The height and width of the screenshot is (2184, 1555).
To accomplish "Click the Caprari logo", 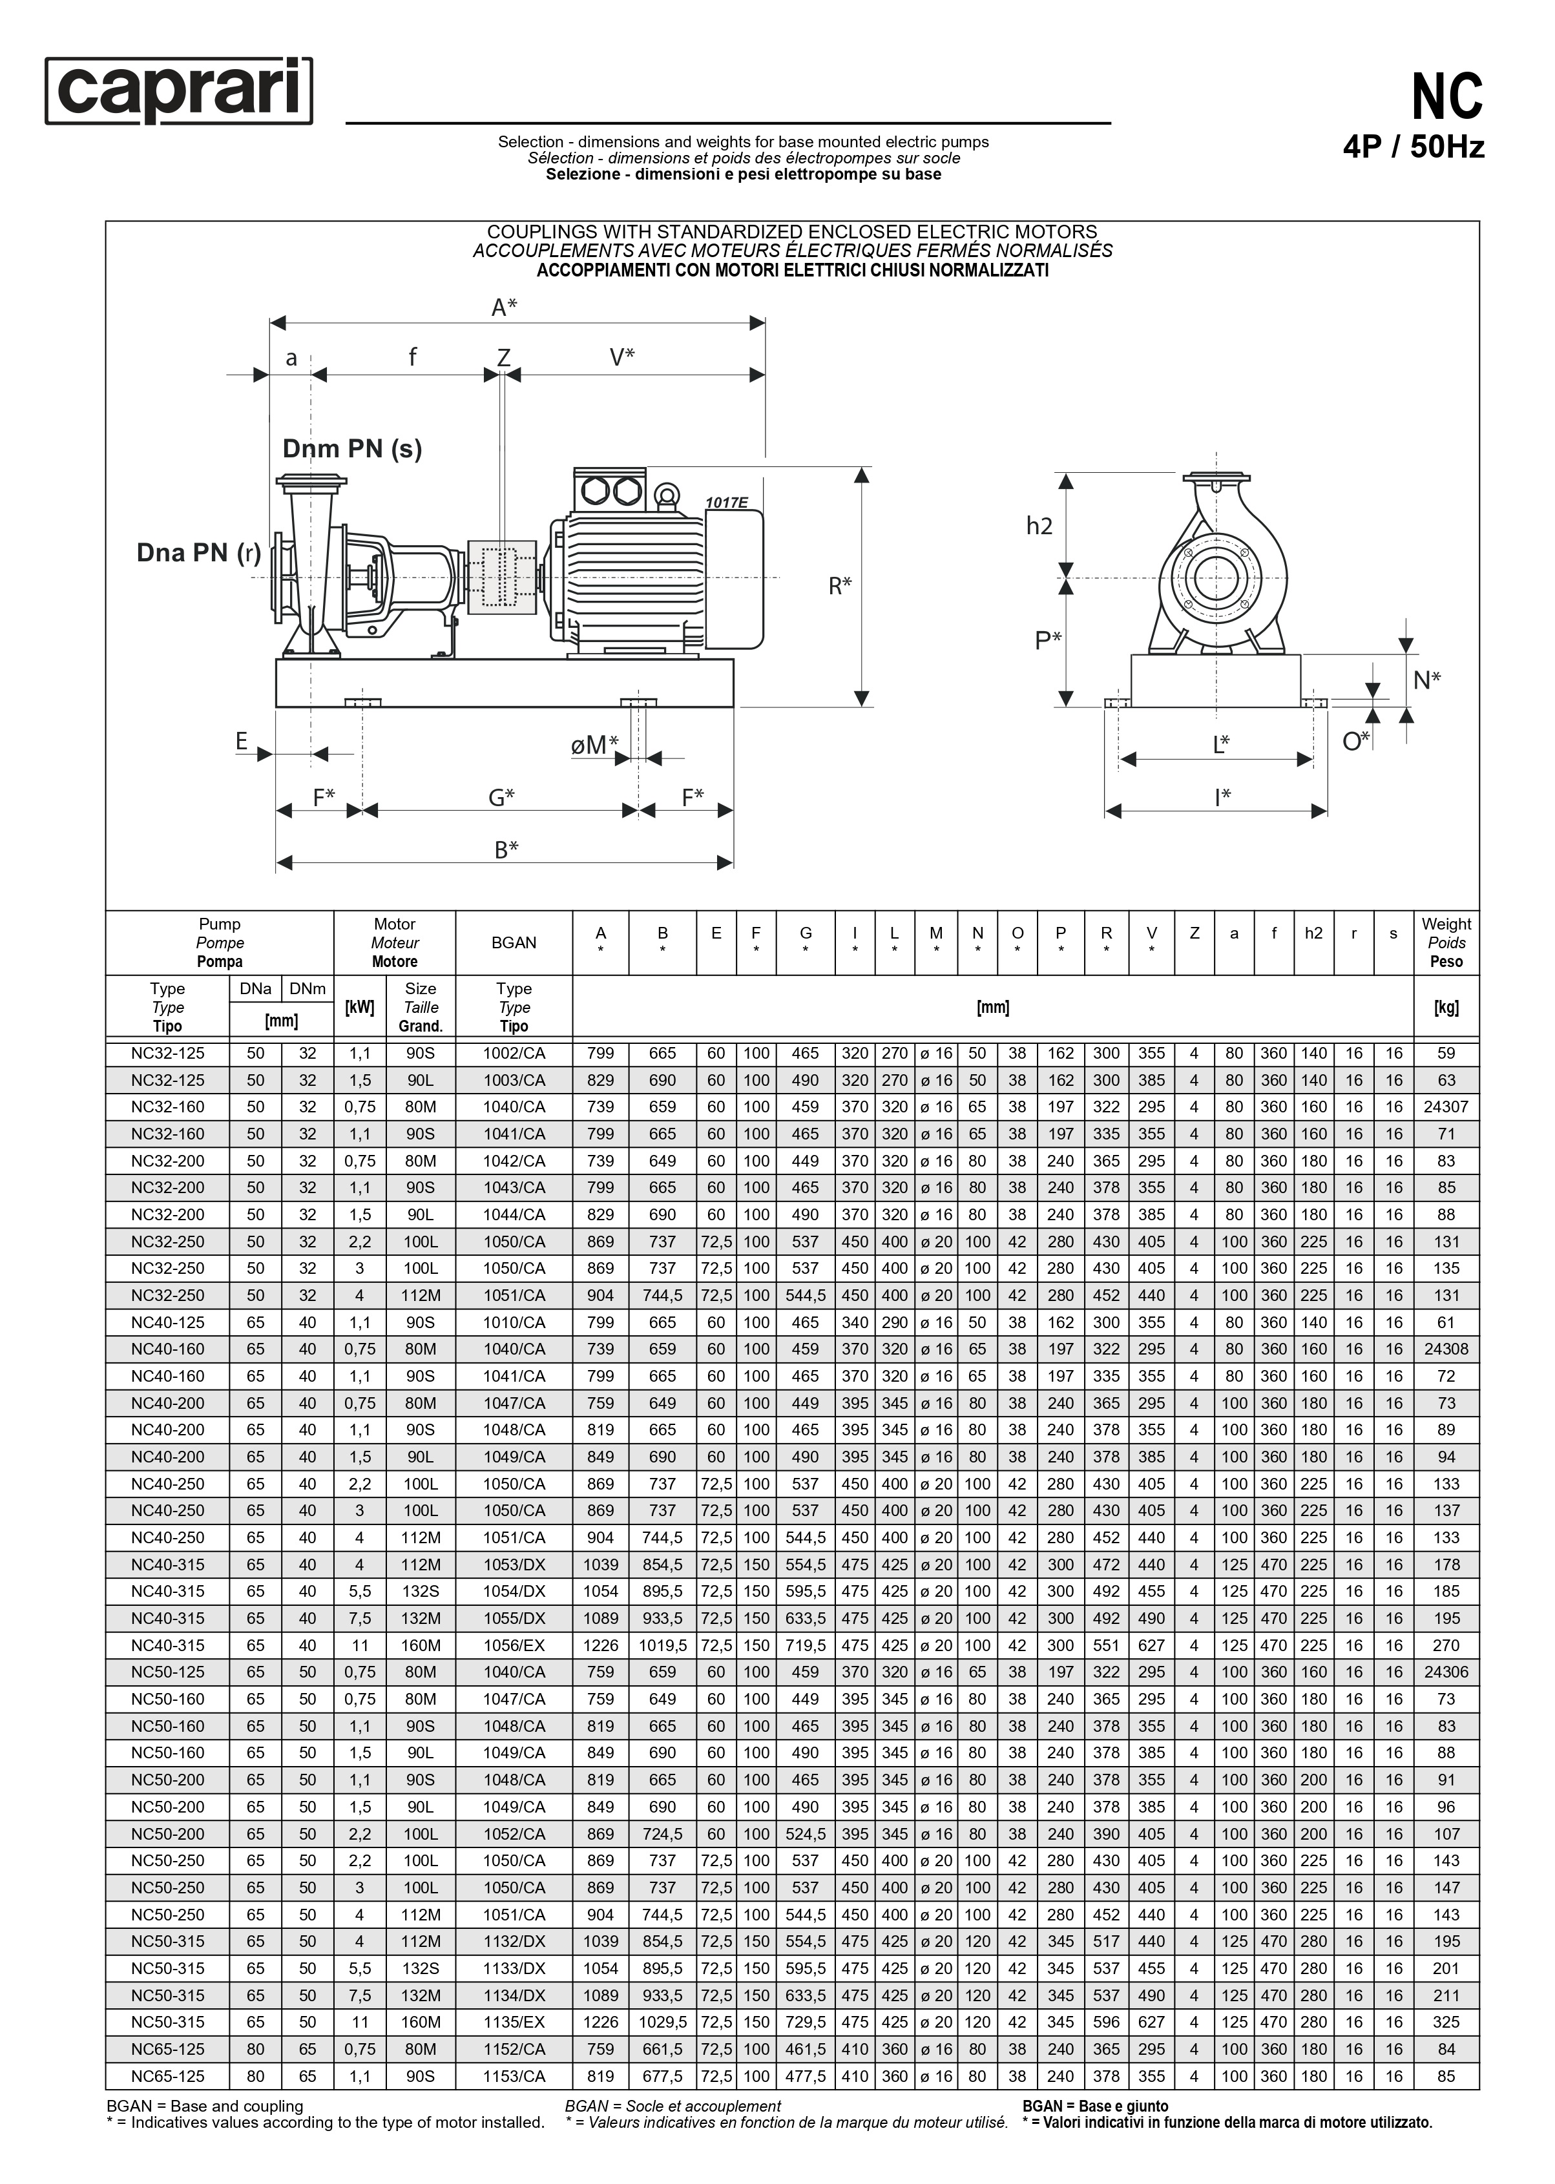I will coord(179,91).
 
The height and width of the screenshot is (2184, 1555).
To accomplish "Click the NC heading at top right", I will coord(1447,97).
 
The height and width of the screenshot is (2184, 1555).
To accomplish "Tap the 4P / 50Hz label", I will coord(1414,147).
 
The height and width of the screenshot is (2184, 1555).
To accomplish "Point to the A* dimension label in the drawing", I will coord(504,307).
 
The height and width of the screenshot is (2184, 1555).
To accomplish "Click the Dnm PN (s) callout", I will coord(351,448).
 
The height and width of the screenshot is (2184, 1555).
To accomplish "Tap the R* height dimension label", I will coord(840,585).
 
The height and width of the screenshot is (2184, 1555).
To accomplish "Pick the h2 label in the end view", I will coord(1039,526).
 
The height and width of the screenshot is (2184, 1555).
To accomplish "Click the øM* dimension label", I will coord(594,744).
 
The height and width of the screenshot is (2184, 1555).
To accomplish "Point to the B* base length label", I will coord(506,848).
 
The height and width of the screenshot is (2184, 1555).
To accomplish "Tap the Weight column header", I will coord(1446,942).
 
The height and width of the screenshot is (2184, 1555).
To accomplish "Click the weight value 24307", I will coord(1446,1107).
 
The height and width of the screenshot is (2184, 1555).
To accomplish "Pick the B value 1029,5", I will coord(663,2023).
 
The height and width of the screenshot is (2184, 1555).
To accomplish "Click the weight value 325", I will coord(1446,2023).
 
